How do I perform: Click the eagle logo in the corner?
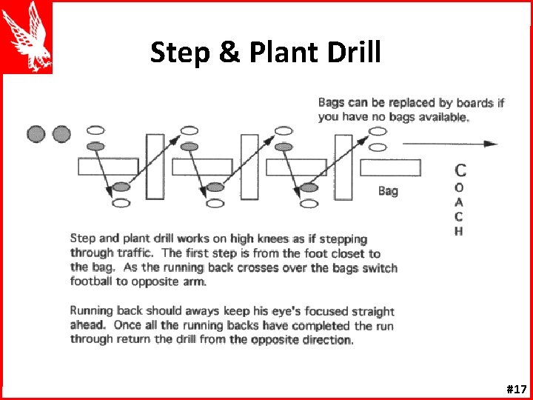[x=27, y=37]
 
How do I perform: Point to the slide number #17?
[x=516, y=388]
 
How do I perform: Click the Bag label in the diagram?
[x=388, y=191]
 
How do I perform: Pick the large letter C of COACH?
[x=460, y=171]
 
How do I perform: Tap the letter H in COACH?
[x=459, y=230]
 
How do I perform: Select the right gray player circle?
[x=61, y=134]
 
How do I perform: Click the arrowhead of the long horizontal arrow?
[x=492, y=144]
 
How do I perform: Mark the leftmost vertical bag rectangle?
[x=155, y=167]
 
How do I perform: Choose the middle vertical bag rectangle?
[x=249, y=167]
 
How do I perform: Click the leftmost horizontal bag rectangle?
[x=108, y=167]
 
